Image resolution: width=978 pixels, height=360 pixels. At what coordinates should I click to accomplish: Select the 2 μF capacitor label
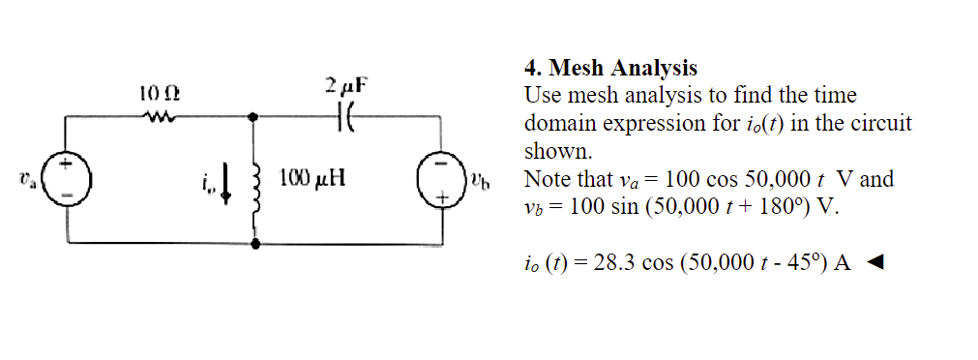(346, 86)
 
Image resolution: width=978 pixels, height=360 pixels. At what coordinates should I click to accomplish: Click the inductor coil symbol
(256, 180)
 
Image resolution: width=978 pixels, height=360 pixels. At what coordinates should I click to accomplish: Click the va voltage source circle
(67, 180)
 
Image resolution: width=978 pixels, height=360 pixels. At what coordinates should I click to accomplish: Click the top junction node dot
(255, 116)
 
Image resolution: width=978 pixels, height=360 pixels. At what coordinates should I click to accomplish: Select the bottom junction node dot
(255, 245)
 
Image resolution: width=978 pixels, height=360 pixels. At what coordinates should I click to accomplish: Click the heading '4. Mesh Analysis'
(609, 69)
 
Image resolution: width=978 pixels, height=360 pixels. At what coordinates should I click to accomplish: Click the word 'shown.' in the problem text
(556, 152)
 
